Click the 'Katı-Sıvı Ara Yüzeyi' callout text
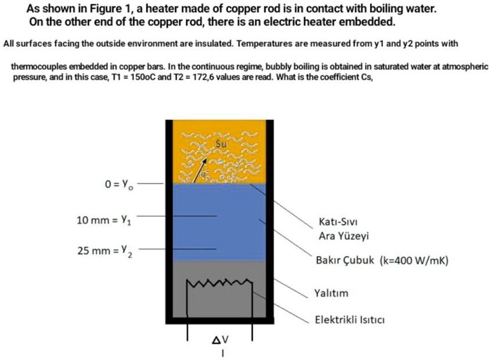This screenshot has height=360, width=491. [344, 229]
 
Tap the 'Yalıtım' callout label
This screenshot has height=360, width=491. [331, 293]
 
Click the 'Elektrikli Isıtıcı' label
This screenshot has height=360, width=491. [350, 319]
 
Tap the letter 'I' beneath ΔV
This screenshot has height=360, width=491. [221, 352]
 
